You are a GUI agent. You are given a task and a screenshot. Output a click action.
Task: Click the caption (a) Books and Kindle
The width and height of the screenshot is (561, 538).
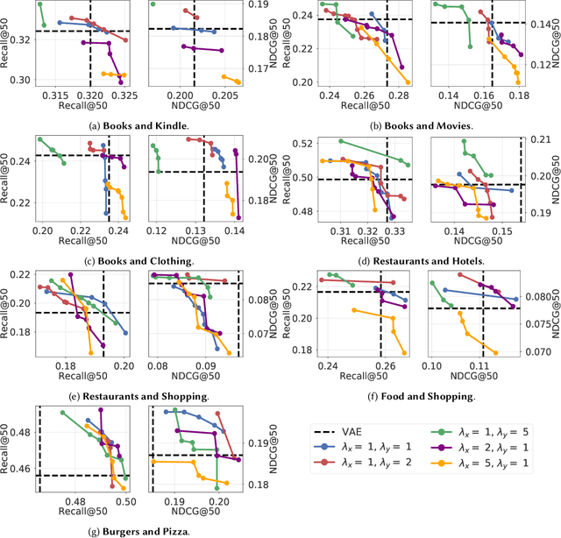click(x=139, y=125)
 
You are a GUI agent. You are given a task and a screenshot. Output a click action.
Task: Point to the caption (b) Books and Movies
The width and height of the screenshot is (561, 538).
click(x=422, y=125)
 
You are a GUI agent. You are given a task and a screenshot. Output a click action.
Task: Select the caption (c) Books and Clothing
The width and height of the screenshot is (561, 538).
click(x=139, y=260)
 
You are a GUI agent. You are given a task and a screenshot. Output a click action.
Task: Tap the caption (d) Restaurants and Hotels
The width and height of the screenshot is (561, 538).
click(x=422, y=260)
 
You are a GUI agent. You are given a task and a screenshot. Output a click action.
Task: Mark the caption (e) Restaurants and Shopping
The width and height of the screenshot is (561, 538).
click(x=139, y=396)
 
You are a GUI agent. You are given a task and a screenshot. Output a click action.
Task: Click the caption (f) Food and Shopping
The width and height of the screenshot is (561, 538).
click(x=422, y=396)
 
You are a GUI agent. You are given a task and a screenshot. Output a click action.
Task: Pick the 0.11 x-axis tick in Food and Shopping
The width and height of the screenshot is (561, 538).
click(x=479, y=365)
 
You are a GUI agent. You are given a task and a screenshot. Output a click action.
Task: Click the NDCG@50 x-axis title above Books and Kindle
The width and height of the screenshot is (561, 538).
click(x=193, y=106)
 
